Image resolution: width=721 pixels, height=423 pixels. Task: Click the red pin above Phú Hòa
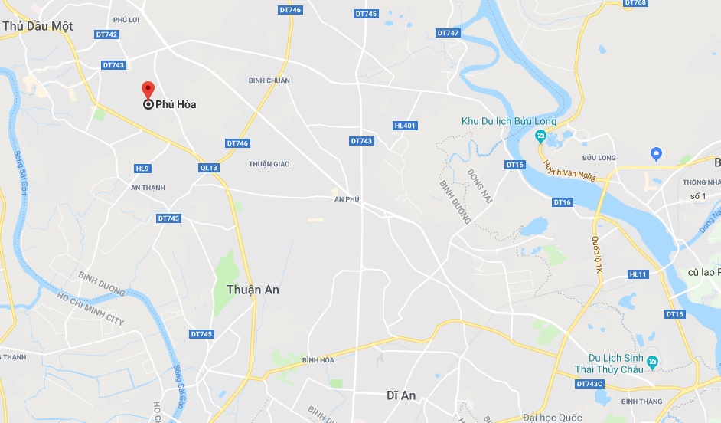pyautogui.click(x=148, y=89)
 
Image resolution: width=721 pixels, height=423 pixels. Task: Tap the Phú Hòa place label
pyautogui.click(x=175, y=104)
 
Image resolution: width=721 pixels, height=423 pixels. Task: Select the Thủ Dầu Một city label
pyautogui.click(x=38, y=25)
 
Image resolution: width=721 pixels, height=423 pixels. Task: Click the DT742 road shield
pyautogui.click(x=106, y=34)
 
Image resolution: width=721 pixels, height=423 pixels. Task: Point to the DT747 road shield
pyautogui.click(x=448, y=33)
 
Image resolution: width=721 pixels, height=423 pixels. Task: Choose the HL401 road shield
pyautogui.click(x=405, y=126)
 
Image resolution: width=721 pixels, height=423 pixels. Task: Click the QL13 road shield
pyautogui.click(x=208, y=167)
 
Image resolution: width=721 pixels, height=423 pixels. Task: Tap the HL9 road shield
pyautogui.click(x=142, y=169)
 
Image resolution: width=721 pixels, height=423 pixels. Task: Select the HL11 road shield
pyautogui.click(x=638, y=274)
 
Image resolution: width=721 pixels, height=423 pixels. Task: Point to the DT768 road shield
pyautogui.click(x=635, y=3)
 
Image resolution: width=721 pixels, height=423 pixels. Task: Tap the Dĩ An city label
pyautogui.click(x=401, y=395)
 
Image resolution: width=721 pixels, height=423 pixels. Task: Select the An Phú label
pyautogui.click(x=347, y=199)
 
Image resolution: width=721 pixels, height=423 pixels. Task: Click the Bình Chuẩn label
pyautogui.click(x=269, y=80)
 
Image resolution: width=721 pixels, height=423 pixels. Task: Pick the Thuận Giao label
pyautogui.click(x=269, y=163)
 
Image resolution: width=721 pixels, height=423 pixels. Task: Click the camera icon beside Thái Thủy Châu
pyautogui.click(x=651, y=362)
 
